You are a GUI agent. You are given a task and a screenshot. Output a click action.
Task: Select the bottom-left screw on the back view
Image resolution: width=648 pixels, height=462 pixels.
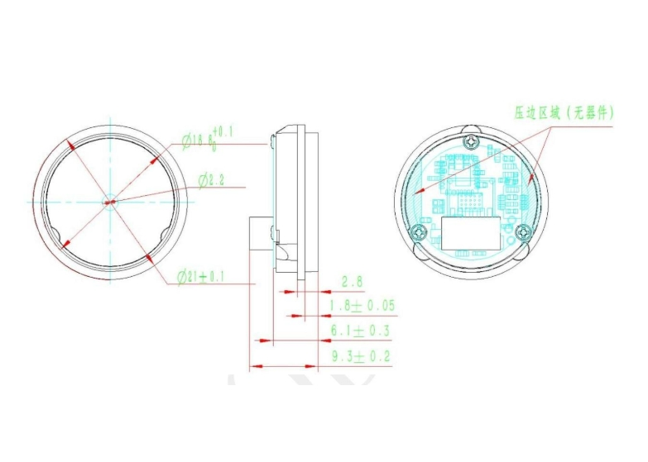pos(420,231)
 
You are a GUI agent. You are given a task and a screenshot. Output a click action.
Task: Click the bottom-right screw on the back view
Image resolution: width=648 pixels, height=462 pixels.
pos(522,231)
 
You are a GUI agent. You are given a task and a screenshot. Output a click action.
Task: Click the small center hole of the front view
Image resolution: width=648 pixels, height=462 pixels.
pos(109,199)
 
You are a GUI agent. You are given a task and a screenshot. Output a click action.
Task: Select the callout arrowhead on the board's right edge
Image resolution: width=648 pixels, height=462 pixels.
pos(530,176)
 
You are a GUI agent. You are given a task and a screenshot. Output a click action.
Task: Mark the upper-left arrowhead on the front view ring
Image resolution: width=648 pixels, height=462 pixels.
pos(73,145)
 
